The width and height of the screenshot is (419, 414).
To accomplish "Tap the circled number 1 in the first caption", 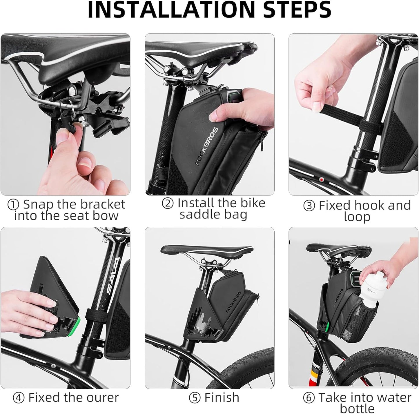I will [x=13, y=205].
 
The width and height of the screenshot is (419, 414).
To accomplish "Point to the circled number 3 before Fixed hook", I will [x=309, y=206].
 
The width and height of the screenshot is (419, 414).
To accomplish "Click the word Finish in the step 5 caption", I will [x=222, y=398].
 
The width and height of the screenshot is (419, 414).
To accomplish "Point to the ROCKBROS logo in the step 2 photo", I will [x=206, y=146].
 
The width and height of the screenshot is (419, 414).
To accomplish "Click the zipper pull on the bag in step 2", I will [x=263, y=142].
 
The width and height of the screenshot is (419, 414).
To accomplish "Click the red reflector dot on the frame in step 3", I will [x=321, y=179].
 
